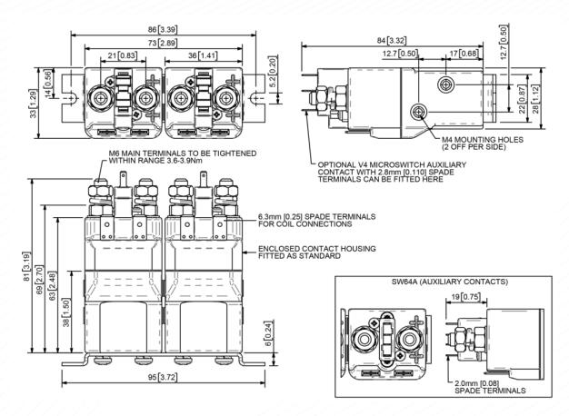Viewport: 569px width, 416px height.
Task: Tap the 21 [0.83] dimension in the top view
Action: [124, 56]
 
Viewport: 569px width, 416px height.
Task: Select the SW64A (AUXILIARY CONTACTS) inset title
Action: [431, 282]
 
